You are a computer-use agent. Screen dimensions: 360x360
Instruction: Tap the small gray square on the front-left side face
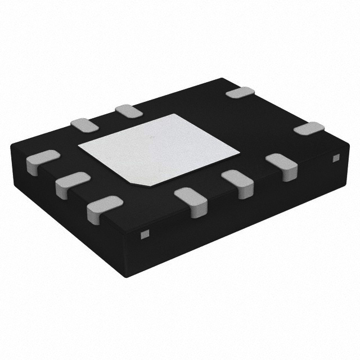pyautogui.click(x=144, y=233)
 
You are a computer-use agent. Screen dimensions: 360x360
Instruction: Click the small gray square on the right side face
pyautogui.click(x=336, y=158)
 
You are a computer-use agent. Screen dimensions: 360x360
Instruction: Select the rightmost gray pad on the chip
pyautogui.click(x=309, y=128)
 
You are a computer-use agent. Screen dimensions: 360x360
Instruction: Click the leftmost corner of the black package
pyautogui.click(x=11, y=147)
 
